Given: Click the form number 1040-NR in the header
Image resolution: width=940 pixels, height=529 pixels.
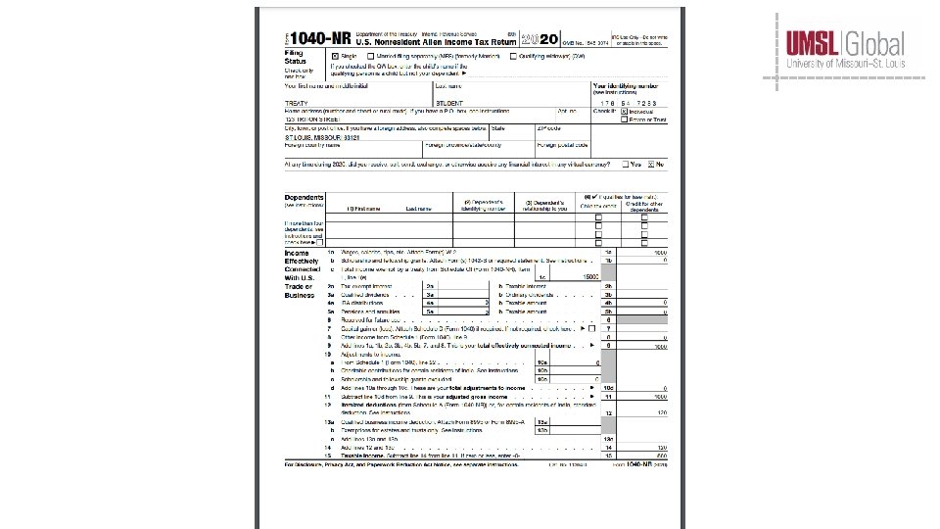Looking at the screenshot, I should (x=311, y=39).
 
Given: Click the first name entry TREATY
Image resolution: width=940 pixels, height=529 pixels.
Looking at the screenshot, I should (x=296, y=103).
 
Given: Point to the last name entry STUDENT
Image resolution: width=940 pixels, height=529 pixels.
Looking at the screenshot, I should (x=449, y=103).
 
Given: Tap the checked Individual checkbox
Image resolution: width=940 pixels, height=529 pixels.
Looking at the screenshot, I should (x=624, y=112).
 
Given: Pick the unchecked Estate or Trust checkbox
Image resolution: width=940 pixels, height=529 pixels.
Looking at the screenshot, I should (x=624, y=120).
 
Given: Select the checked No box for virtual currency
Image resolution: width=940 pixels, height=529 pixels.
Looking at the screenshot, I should (x=650, y=164).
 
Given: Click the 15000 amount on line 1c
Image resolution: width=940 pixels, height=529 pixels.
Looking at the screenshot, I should (x=590, y=278).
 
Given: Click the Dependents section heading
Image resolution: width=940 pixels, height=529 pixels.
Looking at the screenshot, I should (x=305, y=198).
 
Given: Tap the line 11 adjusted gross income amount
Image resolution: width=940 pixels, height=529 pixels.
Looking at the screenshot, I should (x=661, y=395).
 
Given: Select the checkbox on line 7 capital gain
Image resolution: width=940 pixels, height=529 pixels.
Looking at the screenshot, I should (x=592, y=328).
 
